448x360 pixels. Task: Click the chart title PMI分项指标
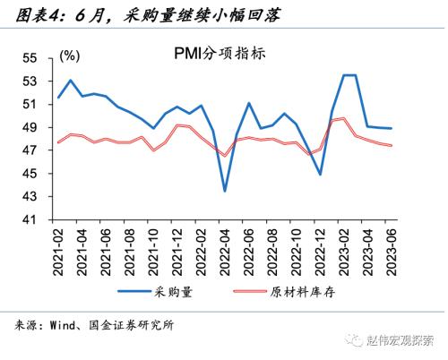pos(221,54)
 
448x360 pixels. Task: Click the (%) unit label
pos(69,56)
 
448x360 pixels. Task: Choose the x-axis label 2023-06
pos(391,247)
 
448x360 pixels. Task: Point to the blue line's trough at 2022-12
pos(320,174)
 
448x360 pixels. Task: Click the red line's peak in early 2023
pos(344,118)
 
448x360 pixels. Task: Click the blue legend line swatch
pos(134,291)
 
